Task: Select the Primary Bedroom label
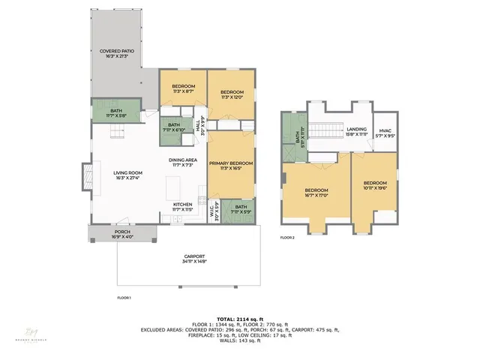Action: pyautogui.click(x=230, y=166)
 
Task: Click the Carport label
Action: pyautogui.click(x=189, y=259)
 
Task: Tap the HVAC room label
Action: pyautogui.click(x=384, y=133)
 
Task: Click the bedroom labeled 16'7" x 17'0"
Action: pyautogui.click(x=316, y=193)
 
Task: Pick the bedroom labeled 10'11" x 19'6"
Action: pyautogui.click(x=375, y=185)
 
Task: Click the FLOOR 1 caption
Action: pyautogui.click(x=124, y=298)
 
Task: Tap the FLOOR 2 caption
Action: pyautogui.click(x=288, y=238)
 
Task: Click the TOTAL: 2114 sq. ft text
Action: pyautogui.click(x=240, y=319)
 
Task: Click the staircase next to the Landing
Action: pyautogui.click(x=323, y=133)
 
